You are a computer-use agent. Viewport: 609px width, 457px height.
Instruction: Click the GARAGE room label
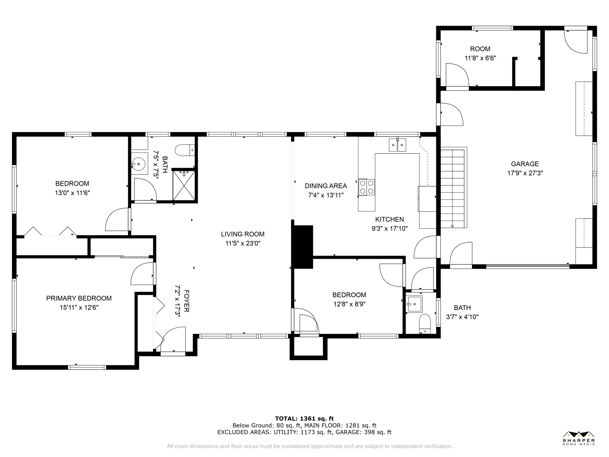[525, 164]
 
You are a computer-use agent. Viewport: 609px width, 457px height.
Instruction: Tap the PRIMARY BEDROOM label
[79, 298]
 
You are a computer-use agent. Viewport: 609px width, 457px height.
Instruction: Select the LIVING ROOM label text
[243, 234]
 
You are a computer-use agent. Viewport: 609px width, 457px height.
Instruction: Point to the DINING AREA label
[326, 186]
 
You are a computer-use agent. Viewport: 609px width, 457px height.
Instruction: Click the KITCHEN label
[390, 219]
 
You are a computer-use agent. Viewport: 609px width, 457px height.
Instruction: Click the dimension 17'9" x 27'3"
[525, 173]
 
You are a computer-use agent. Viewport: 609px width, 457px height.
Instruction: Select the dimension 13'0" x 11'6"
[72, 193]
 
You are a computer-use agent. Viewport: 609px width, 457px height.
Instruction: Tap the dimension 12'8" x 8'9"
[349, 304]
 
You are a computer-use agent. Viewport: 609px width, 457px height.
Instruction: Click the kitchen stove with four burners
[366, 187]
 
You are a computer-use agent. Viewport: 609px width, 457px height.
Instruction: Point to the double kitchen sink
[397, 145]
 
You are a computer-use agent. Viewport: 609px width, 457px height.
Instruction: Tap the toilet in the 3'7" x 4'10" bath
[425, 324]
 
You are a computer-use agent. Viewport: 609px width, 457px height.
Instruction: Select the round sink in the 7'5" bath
[138, 164]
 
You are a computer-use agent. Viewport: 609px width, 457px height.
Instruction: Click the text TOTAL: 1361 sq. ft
[304, 419]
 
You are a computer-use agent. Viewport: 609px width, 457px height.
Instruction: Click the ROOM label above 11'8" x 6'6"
[480, 49]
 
